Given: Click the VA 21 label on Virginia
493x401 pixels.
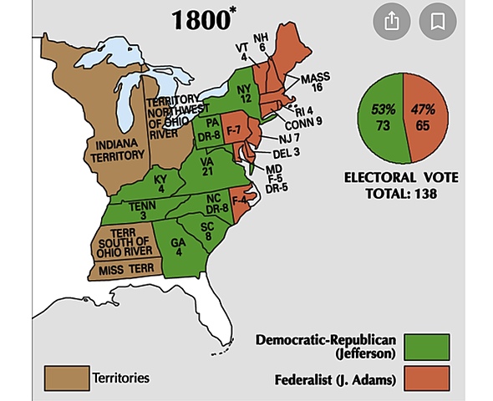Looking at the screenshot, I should [x=205, y=167].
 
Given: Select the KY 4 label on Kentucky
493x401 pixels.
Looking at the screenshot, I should [x=160, y=184].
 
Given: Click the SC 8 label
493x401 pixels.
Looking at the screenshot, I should [x=207, y=231].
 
